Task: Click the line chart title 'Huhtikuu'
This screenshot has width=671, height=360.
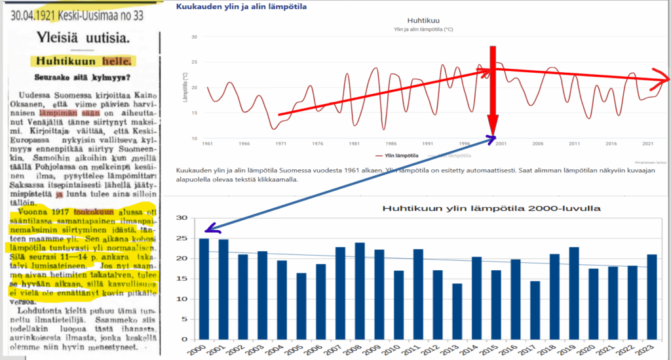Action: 421,20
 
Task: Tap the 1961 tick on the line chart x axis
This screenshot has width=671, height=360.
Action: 208,143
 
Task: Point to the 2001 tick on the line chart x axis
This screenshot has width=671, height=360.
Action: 501,143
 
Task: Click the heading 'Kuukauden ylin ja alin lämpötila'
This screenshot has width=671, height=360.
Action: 241,7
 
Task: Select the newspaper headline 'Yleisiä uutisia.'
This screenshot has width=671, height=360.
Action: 82,37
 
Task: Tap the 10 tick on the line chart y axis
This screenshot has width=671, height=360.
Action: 195,138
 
